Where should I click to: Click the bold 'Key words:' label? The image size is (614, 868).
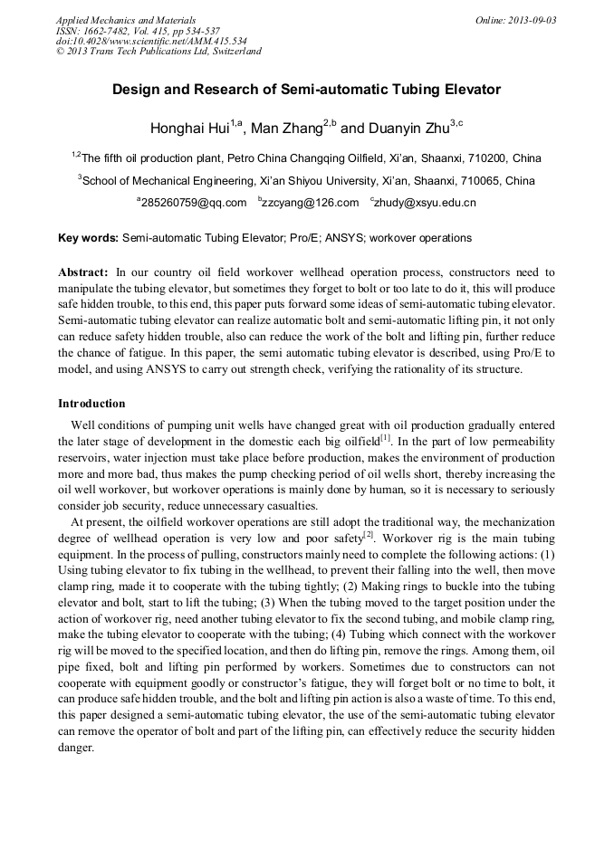point(88,238)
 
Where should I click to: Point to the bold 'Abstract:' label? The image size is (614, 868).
point(83,272)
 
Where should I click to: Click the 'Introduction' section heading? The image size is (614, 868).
point(91,403)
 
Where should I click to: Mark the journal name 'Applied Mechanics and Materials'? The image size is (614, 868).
point(125,20)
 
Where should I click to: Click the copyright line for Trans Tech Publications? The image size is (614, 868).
point(158,52)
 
